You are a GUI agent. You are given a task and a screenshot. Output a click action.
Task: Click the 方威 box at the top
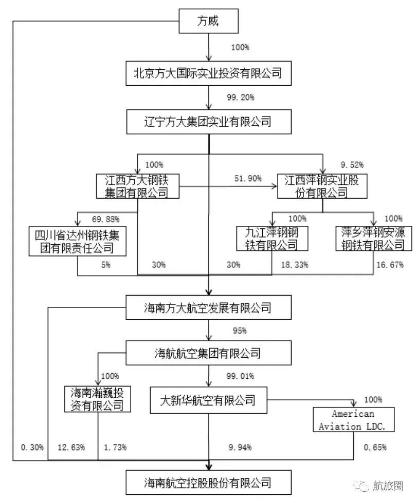pyautogui.click(x=208, y=22)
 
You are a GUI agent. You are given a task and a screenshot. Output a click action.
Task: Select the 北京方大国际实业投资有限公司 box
pyautogui.click(x=208, y=73)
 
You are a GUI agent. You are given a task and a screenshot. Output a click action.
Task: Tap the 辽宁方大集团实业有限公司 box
pyautogui.click(x=208, y=123)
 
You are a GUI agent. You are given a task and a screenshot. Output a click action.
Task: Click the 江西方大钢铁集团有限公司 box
pyautogui.click(x=137, y=186)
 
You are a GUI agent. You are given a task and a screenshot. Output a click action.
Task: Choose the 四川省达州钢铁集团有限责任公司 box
pyautogui.click(x=78, y=241)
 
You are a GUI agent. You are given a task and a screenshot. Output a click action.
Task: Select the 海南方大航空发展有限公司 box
pyautogui.click(x=208, y=308)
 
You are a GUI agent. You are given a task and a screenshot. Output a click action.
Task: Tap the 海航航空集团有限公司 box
pyautogui.click(x=208, y=354)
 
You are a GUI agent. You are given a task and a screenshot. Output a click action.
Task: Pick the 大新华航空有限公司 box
pyautogui.click(x=209, y=399)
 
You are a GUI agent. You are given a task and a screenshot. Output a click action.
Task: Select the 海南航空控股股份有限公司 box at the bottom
pyautogui.click(x=208, y=482)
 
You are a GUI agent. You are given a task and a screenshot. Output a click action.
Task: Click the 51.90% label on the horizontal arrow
pyautogui.click(x=247, y=179)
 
